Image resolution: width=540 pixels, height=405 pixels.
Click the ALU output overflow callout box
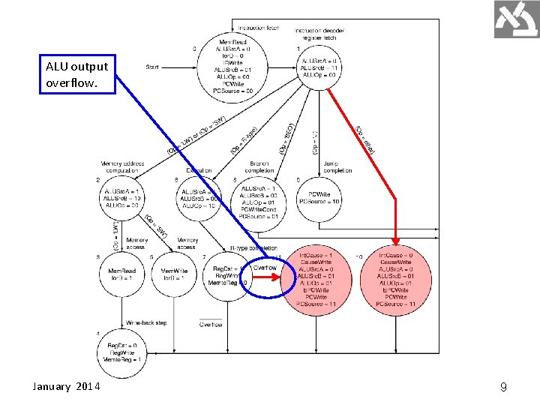point(76,74)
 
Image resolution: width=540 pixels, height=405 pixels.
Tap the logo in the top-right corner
point(517,19)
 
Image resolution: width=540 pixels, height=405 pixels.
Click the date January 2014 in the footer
point(70,386)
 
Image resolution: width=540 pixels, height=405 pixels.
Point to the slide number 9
point(503,388)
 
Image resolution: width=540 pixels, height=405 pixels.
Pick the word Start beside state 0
point(153,67)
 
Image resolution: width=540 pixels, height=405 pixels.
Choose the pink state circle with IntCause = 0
point(395,279)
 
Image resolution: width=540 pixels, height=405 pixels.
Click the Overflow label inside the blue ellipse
point(265,268)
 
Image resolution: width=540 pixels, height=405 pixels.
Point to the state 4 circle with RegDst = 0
point(122,353)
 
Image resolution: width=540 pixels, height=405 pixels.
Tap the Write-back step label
point(146,322)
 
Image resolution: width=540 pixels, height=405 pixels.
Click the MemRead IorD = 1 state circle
point(122,274)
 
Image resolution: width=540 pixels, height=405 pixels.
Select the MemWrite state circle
point(174,274)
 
